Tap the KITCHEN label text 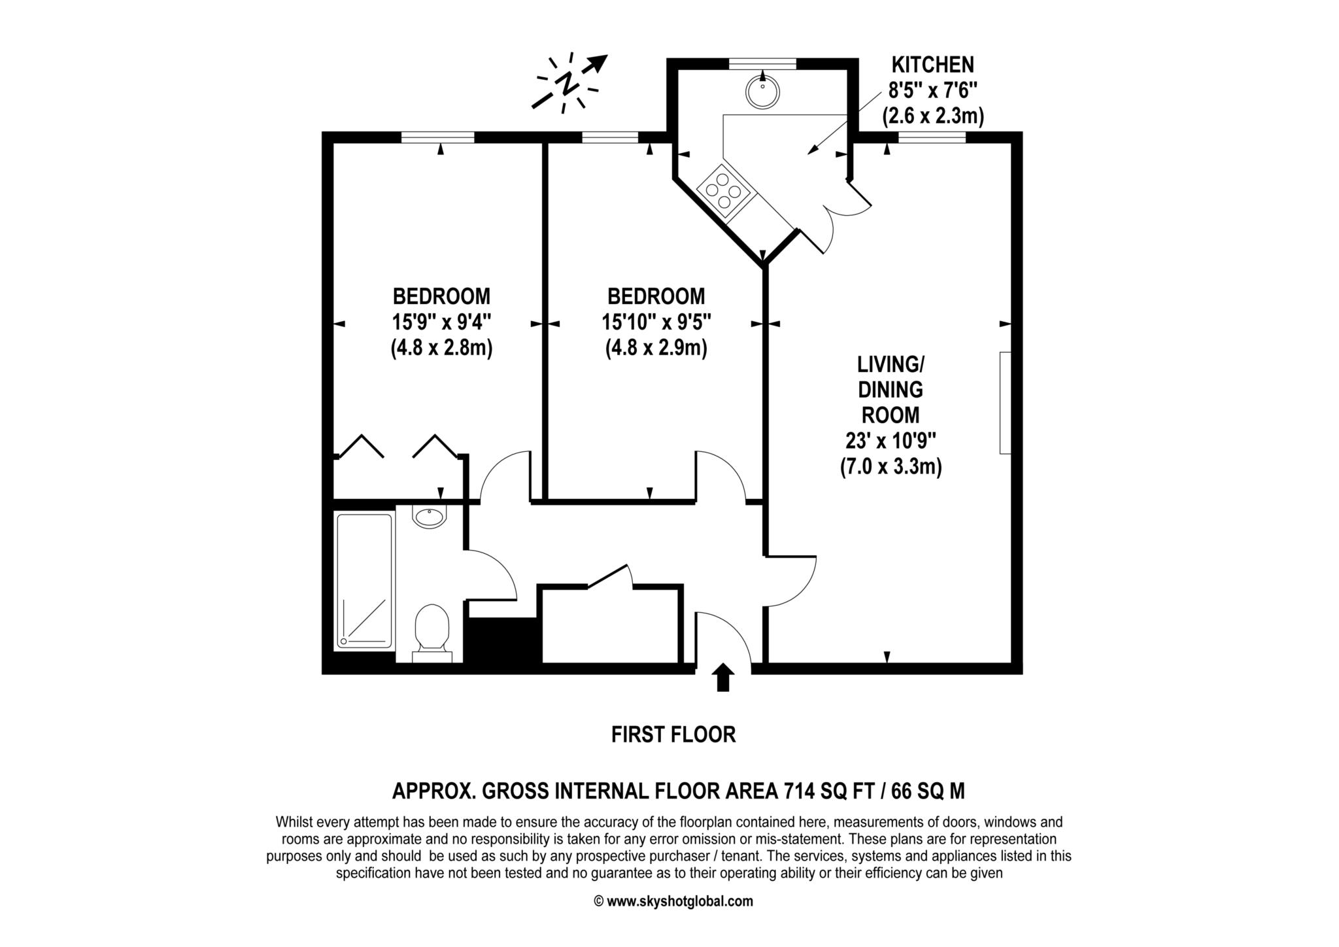pos(933,65)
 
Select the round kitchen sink pos(762,92)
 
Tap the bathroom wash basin pos(429,516)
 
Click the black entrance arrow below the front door pos(722,677)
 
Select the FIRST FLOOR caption pos(673,734)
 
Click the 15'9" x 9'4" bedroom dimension pos(441,322)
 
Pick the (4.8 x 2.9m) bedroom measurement pos(656,348)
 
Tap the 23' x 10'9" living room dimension pos(890,441)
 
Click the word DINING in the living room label pos(890,390)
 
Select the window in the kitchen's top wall pos(762,63)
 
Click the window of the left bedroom pos(437,137)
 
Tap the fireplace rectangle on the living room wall pos(1005,402)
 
